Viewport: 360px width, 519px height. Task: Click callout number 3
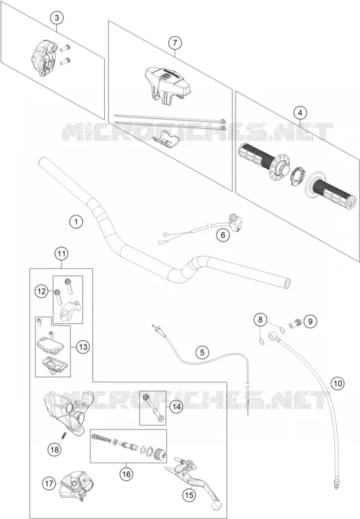[56, 18]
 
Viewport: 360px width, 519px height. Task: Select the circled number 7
[175, 43]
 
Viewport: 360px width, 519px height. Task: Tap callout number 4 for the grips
[300, 113]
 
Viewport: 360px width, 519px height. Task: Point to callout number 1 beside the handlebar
[77, 221]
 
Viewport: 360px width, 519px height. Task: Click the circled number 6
[223, 235]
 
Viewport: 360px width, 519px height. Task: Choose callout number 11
[62, 254]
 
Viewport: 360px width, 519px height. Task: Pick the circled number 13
[83, 347]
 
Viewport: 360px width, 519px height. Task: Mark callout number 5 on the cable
[202, 353]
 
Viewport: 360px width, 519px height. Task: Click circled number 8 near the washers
[261, 320]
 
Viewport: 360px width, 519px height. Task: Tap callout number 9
[310, 321]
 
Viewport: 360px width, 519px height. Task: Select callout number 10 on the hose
[338, 384]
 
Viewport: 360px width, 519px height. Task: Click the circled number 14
[176, 406]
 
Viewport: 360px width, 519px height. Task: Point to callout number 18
[54, 449]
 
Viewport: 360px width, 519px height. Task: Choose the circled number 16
[126, 474]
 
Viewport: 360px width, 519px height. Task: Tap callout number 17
[49, 484]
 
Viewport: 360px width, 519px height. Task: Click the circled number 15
[189, 495]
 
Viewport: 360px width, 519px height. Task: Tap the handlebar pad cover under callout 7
[169, 84]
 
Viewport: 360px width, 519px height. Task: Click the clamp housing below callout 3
[43, 58]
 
